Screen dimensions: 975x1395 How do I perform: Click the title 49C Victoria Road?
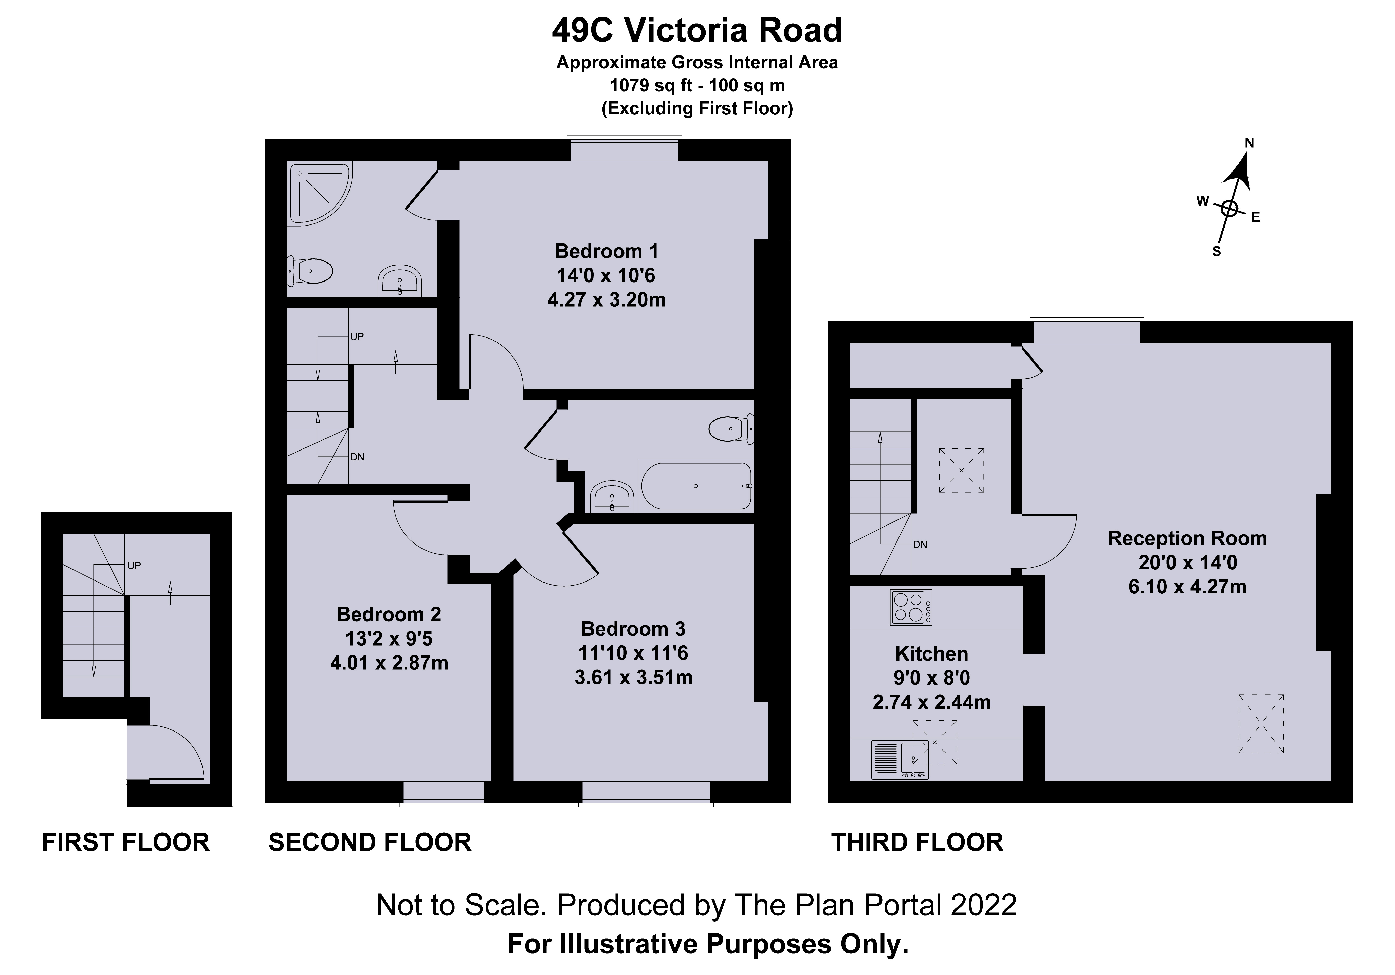pyautogui.click(x=697, y=30)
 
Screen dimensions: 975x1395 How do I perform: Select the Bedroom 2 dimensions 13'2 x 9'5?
pyautogui.click(x=389, y=639)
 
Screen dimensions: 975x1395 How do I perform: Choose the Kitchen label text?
pyautogui.click(x=931, y=654)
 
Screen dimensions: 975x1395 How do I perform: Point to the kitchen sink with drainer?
pyautogui.click(x=900, y=759)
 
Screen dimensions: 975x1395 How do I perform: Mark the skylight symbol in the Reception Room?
pyautogui.click(x=1261, y=723)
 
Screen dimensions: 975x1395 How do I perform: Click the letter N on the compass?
pyautogui.click(x=1249, y=143)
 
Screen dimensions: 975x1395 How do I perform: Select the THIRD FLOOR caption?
pyautogui.click(x=917, y=842)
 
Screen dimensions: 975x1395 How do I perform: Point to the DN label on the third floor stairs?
pyautogui.click(x=920, y=544)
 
